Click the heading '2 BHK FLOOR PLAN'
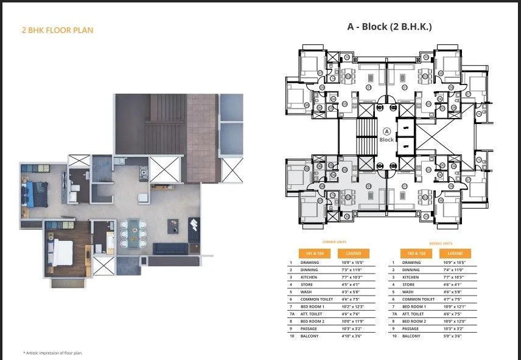point(57,29)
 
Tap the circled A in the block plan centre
point(386,131)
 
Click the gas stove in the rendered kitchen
point(144,172)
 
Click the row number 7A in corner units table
point(292,314)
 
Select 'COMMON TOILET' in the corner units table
point(315,299)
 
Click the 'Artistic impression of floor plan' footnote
point(52,353)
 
